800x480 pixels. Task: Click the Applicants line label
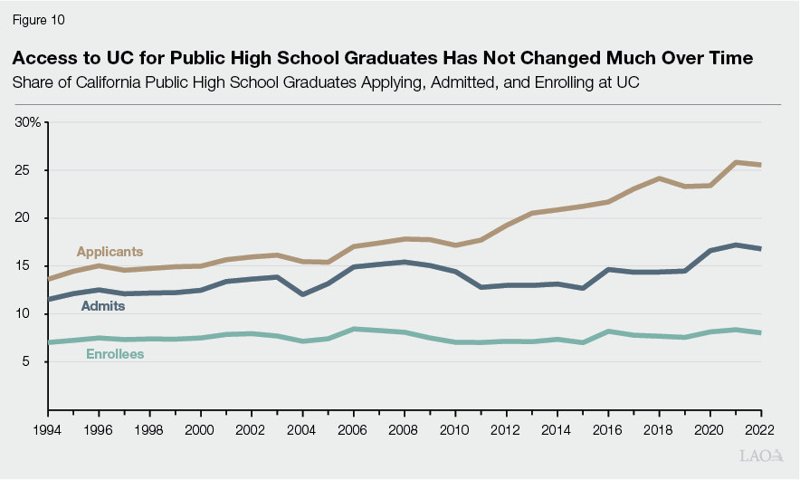pyautogui.click(x=110, y=252)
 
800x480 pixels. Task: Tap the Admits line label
pyautogui.click(x=103, y=306)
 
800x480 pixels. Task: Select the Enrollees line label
pyautogui.click(x=115, y=353)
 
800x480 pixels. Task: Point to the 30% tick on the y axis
pyautogui.click(x=27, y=121)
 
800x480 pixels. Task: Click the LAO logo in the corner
pyautogui.click(x=761, y=456)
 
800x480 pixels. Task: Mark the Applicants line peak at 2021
pyautogui.click(x=736, y=162)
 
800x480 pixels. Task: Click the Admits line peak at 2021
pyautogui.click(x=736, y=245)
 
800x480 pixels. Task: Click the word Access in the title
pyautogui.click(x=41, y=59)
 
